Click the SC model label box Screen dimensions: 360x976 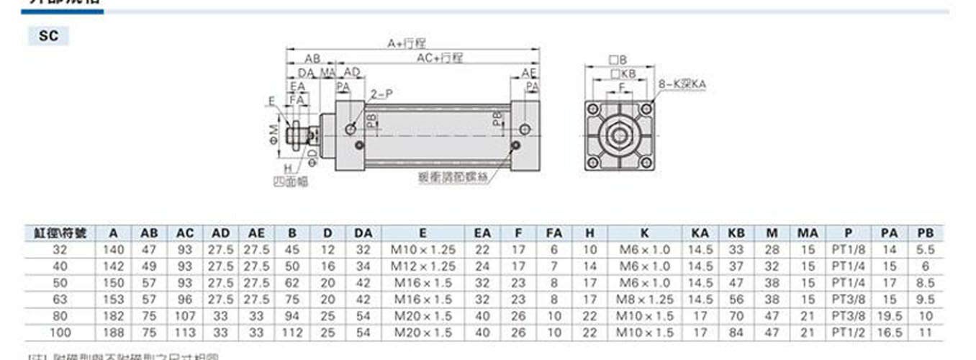pyautogui.click(x=48, y=36)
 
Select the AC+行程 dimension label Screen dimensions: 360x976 pyautogui.click(x=440, y=58)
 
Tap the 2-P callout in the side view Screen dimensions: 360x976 pyautogui.click(x=381, y=94)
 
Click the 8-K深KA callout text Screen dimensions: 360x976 pyautogui.click(x=682, y=84)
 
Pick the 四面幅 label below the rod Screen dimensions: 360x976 pyautogui.click(x=292, y=181)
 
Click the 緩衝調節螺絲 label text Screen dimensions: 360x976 pyautogui.click(x=451, y=175)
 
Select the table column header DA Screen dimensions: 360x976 pyautogui.click(x=363, y=233)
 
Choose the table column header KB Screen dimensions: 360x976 pyautogui.click(x=736, y=233)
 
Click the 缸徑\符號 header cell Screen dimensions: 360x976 pyautogui.click(x=60, y=233)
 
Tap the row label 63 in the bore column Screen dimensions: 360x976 pyautogui.click(x=60, y=300)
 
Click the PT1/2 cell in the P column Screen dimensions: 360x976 pyautogui.click(x=849, y=333)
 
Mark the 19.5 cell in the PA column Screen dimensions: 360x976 pyautogui.click(x=890, y=316)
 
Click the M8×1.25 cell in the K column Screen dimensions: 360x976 pyautogui.click(x=644, y=300)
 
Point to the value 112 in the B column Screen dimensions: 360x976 pyautogui.click(x=292, y=333)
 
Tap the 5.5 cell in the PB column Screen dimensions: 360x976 pyautogui.click(x=926, y=250)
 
